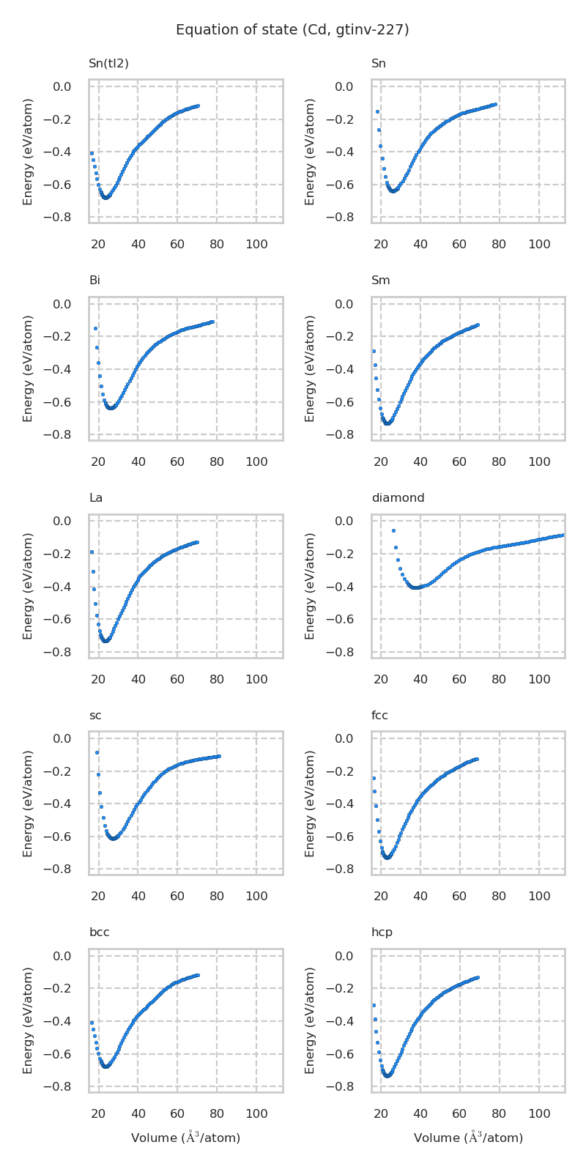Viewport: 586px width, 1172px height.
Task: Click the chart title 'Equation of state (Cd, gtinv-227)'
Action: [x=292, y=30]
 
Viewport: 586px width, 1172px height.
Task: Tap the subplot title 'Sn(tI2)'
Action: [x=108, y=64]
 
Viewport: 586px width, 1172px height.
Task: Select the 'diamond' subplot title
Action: [x=398, y=498]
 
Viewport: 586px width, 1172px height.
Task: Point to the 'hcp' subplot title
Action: [x=382, y=932]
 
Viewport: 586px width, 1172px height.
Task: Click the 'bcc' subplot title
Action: [x=100, y=932]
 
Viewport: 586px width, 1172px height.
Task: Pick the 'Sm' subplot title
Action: [x=381, y=281]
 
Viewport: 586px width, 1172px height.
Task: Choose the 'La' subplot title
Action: [x=96, y=498]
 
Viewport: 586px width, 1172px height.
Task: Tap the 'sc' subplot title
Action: [x=95, y=716]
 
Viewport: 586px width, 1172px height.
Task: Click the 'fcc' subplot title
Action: [x=379, y=716]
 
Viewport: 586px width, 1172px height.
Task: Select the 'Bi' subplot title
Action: [x=94, y=281]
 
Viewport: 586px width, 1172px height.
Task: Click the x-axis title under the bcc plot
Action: [x=185, y=1138]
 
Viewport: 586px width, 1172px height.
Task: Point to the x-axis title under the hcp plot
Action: [x=468, y=1138]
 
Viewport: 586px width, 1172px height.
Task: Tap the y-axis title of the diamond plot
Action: [x=311, y=586]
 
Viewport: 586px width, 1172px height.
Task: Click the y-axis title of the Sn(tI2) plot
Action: [x=28, y=152]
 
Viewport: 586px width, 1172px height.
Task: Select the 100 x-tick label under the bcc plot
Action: [x=256, y=1114]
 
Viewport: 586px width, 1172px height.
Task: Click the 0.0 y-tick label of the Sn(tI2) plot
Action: [x=62, y=87]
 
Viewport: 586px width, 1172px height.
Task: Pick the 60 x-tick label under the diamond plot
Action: [x=459, y=680]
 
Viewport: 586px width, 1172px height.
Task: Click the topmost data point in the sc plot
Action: [x=97, y=752]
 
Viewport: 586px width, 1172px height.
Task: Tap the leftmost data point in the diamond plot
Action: [x=393, y=530]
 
